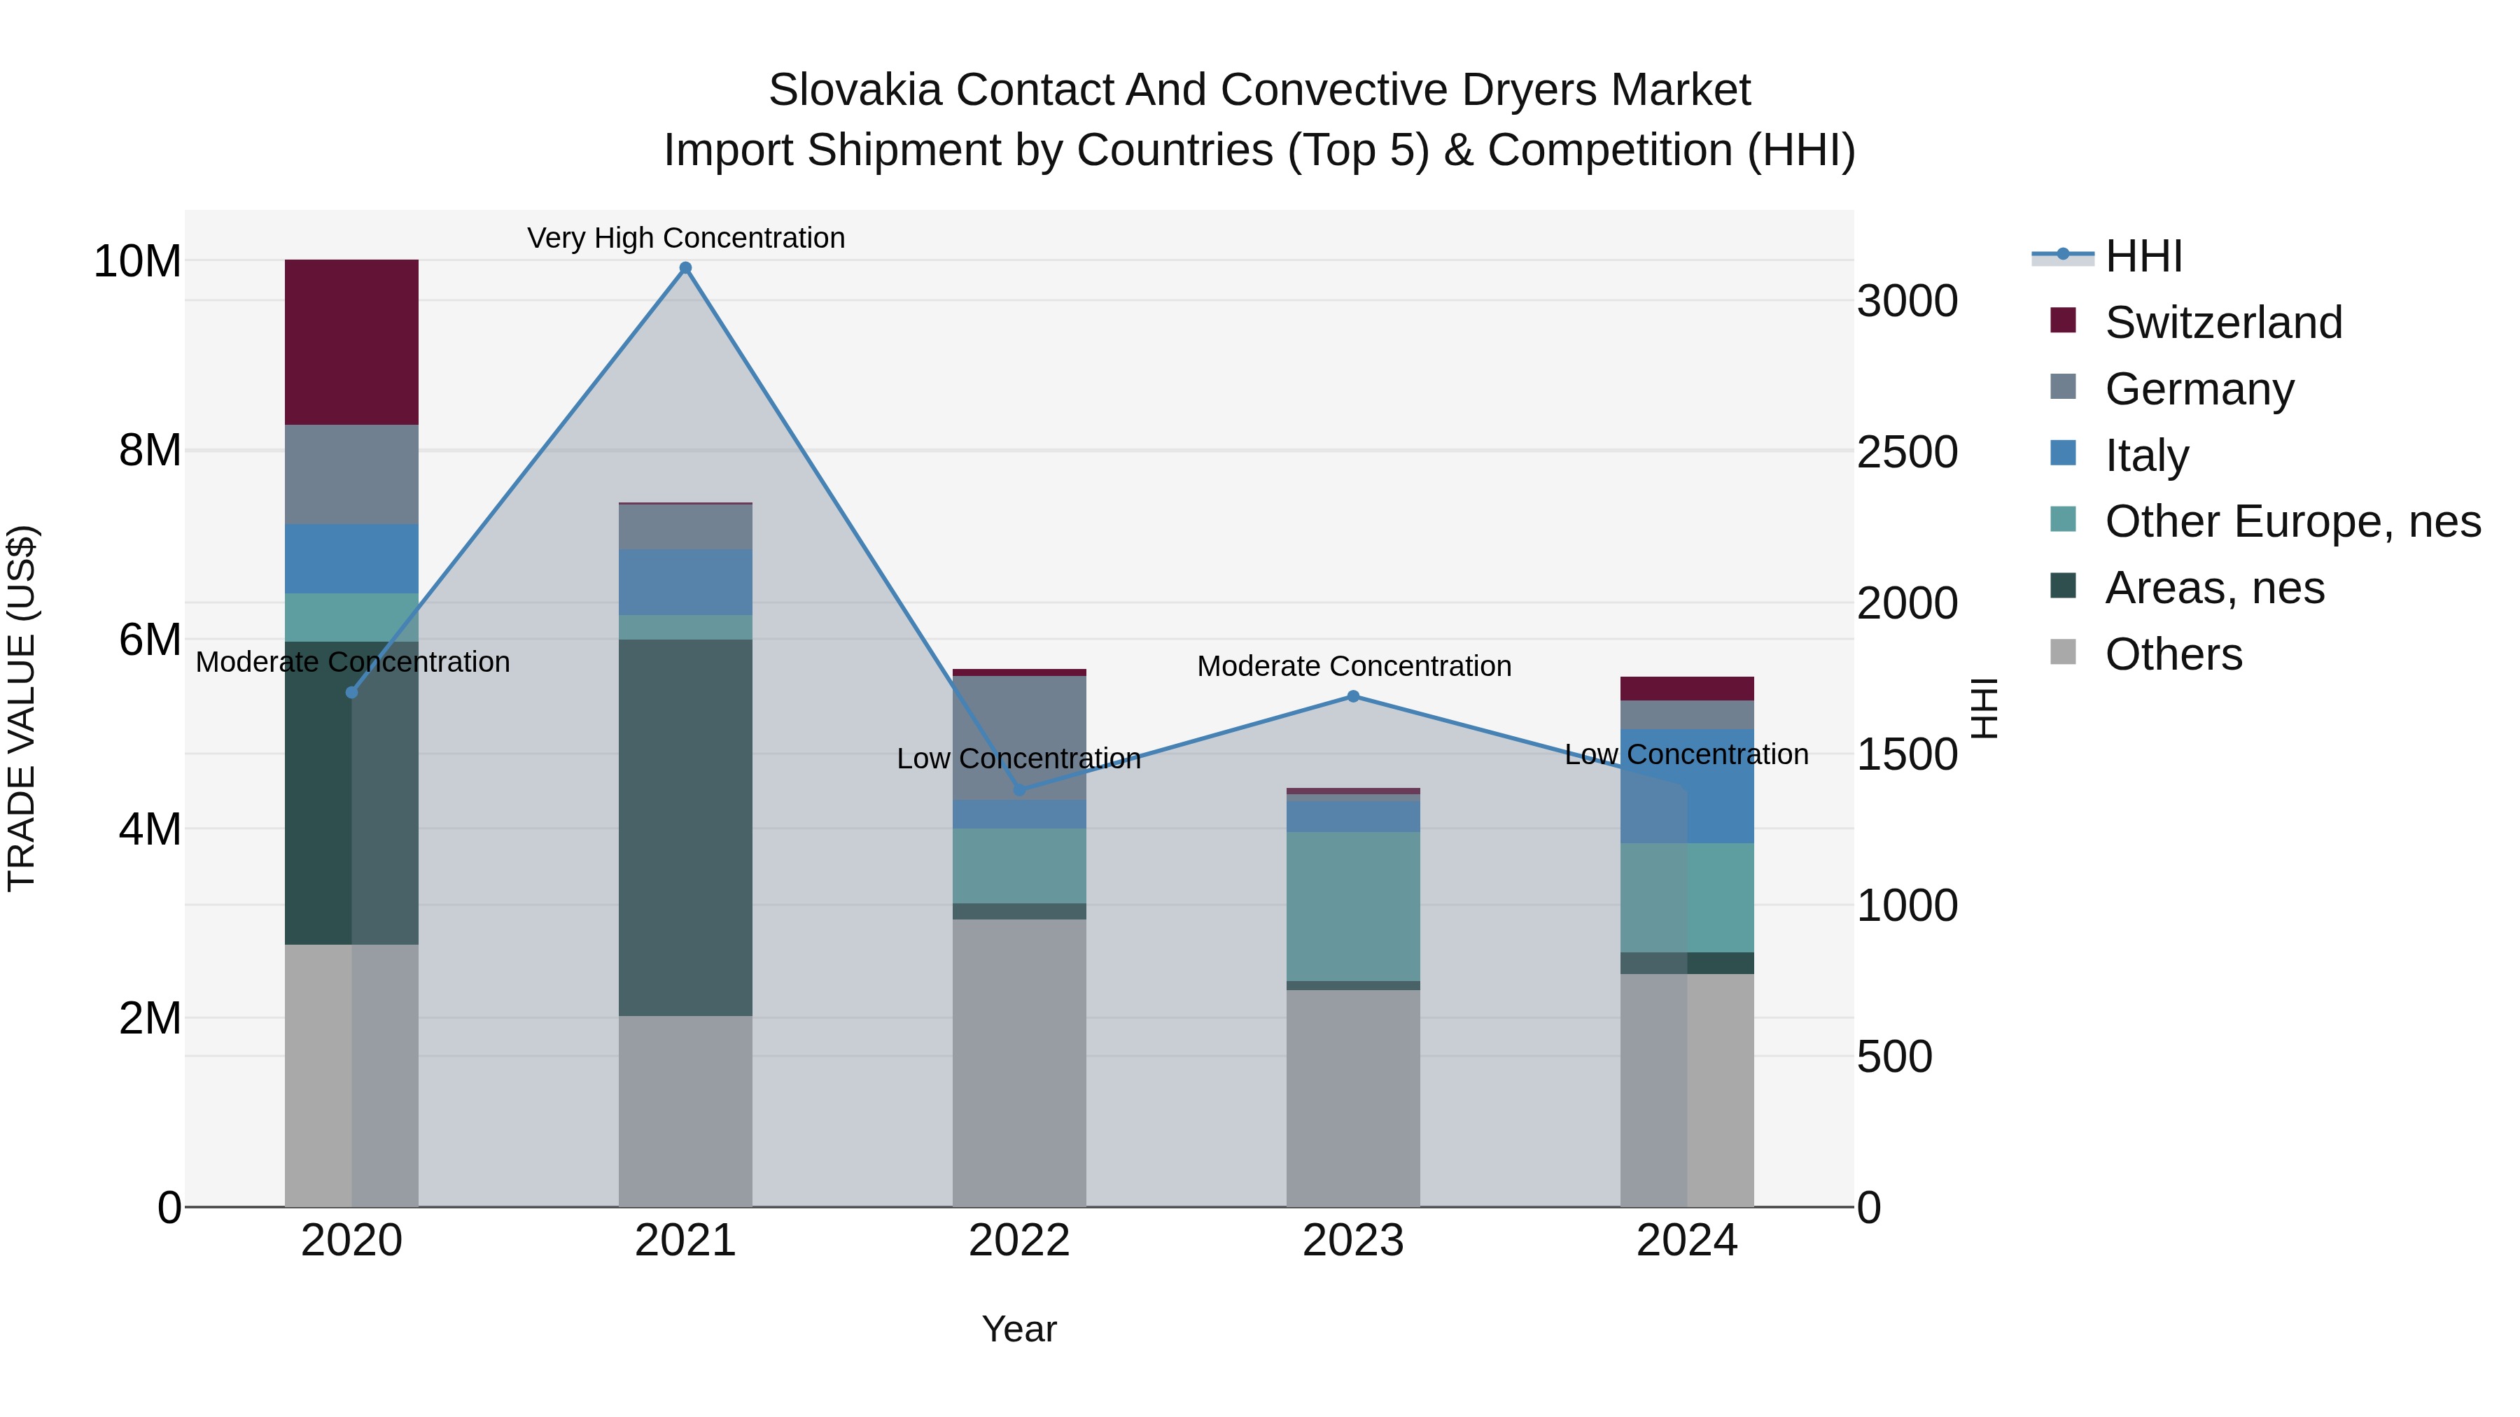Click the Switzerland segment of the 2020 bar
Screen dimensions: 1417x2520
[x=351, y=341]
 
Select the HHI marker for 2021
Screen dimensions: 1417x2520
[x=686, y=268]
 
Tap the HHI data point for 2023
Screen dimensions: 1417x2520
[x=1353, y=696]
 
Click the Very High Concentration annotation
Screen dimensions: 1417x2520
[x=686, y=238]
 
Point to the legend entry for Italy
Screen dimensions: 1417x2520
[x=2146, y=455]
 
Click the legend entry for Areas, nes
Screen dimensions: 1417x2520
[x=2214, y=588]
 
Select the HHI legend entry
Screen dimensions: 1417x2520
[x=2143, y=256]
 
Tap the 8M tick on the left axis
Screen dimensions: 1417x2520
[x=150, y=451]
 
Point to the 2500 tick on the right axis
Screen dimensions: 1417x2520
[x=1907, y=452]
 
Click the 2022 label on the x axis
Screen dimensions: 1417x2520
[x=1018, y=1241]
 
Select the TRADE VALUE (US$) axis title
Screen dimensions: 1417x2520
[x=22, y=708]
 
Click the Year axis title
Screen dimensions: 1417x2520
[x=1018, y=1329]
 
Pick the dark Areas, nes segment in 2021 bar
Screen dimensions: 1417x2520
[x=686, y=826]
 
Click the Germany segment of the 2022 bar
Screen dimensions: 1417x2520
[x=1018, y=738]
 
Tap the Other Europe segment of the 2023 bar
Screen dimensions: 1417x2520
[x=1353, y=905]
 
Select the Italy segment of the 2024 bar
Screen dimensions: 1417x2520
[x=1720, y=787]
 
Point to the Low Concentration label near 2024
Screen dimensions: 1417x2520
[x=1686, y=754]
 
